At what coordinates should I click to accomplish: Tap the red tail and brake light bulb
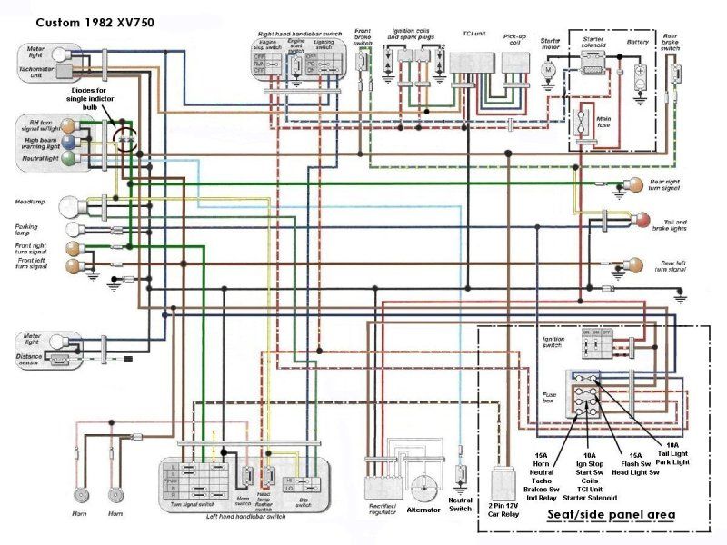pos(642,220)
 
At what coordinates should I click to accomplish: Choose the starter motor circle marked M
pos(548,69)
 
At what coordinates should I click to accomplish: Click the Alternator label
pos(423,510)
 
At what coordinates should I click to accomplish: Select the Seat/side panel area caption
pos(611,515)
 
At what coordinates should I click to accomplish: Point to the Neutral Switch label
pos(462,505)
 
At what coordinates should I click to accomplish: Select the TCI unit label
pos(473,35)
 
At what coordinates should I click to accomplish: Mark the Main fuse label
pos(578,119)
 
